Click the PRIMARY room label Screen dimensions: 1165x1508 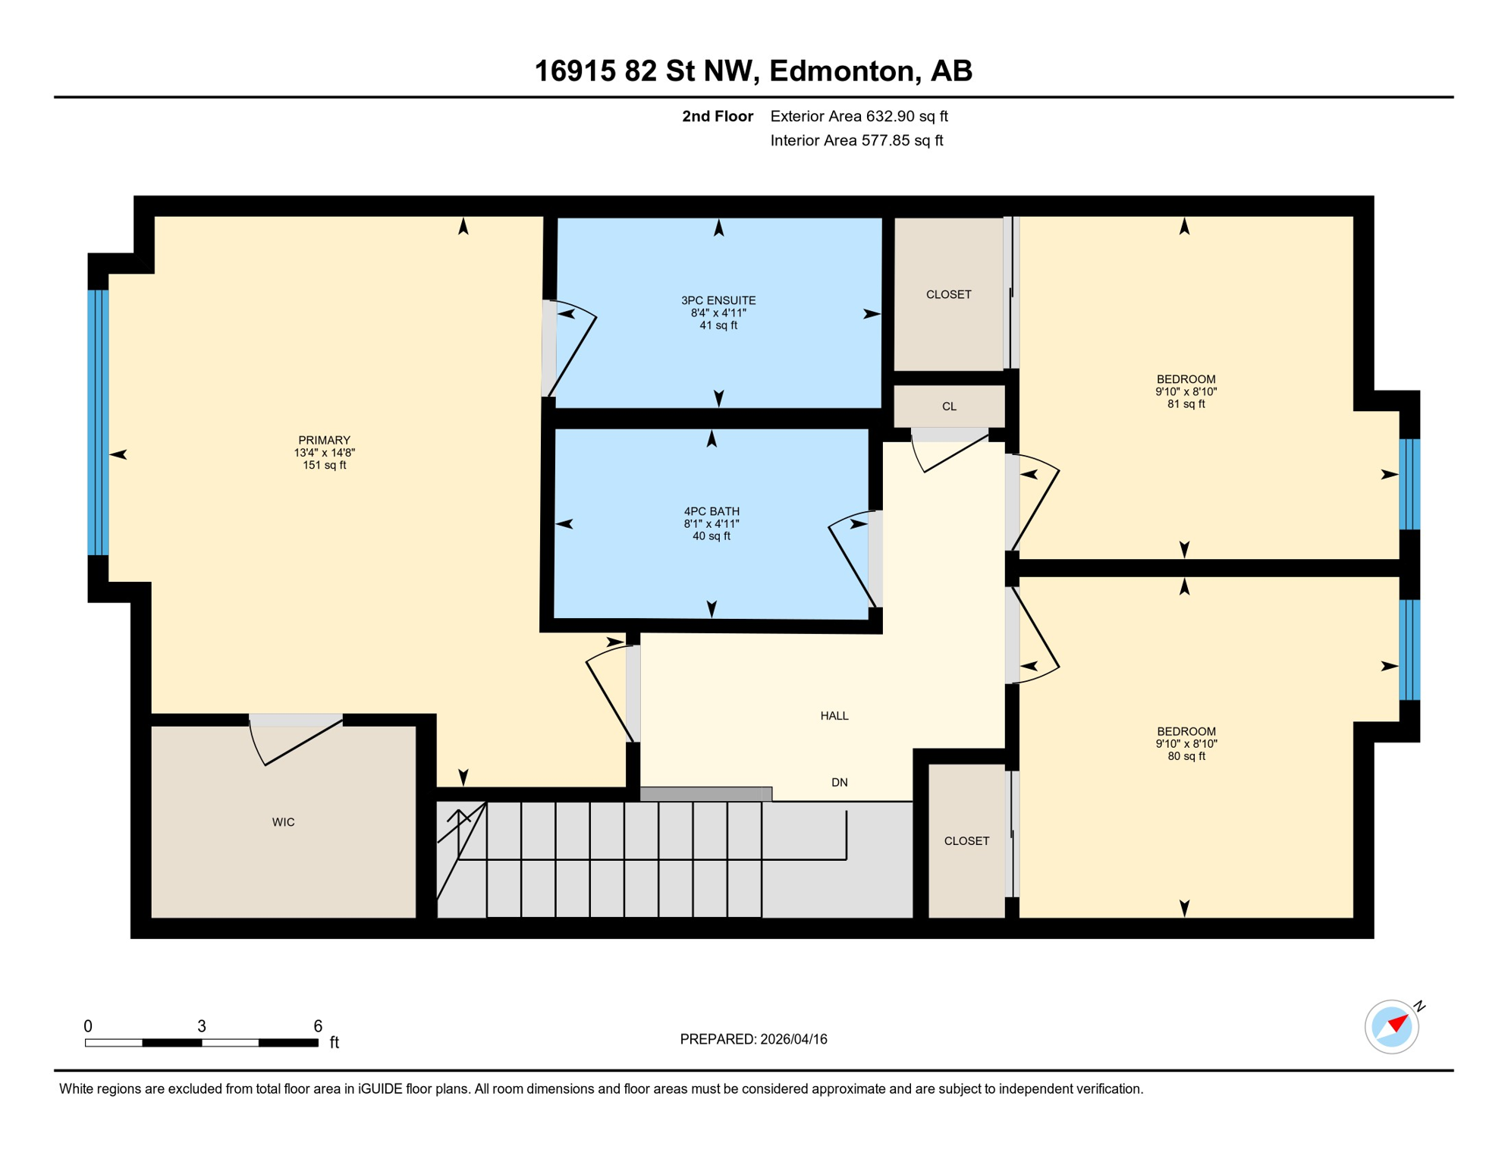click(324, 441)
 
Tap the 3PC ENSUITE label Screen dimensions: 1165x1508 click(718, 301)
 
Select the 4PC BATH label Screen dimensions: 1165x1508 click(711, 512)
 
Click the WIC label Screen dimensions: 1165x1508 click(283, 822)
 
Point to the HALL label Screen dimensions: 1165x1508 click(834, 716)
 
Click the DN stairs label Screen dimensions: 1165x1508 click(839, 783)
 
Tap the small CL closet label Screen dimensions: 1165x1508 click(949, 407)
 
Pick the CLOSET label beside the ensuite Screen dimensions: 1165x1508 click(948, 294)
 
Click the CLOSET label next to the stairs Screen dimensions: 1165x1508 click(966, 841)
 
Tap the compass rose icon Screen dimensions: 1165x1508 click(1391, 1027)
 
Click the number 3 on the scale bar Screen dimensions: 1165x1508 click(202, 1026)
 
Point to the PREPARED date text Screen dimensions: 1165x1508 click(753, 1040)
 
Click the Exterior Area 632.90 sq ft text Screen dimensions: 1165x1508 click(859, 116)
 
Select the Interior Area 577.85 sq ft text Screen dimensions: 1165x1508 click(856, 140)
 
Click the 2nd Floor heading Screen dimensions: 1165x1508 click(717, 116)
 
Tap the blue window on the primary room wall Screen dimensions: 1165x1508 click(98, 422)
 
